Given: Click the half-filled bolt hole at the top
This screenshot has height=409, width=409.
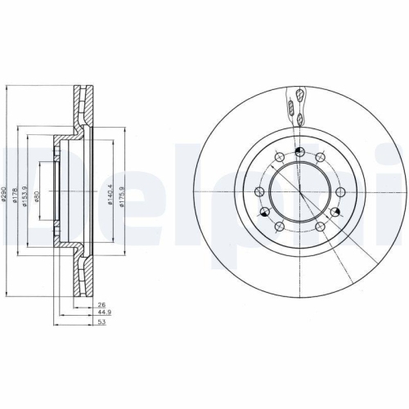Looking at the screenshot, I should (x=300, y=151).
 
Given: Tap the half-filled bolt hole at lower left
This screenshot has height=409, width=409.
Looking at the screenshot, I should (x=264, y=213).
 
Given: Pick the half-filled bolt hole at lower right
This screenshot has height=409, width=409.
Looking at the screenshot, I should (x=335, y=213).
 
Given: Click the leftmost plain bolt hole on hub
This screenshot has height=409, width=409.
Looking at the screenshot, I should (x=258, y=191).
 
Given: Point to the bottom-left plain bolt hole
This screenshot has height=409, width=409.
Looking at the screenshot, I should (x=280, y=227).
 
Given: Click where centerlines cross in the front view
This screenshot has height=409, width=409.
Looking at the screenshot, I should (x=300, y=192).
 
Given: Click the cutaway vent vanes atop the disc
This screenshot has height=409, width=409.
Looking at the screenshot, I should (x=299, y=102).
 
